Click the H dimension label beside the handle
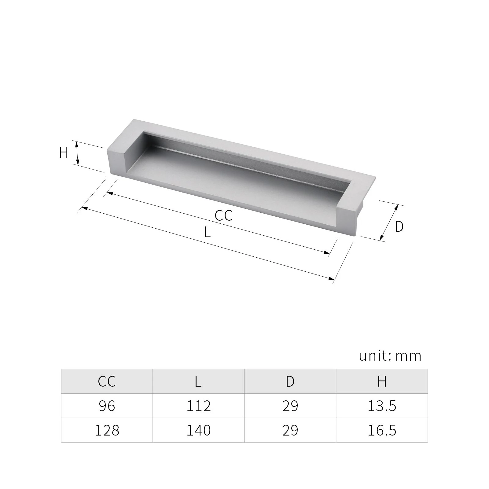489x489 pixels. (x=64, y=153)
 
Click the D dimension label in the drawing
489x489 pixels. (x=399, y=226)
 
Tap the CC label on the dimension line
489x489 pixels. (x=223, y=215)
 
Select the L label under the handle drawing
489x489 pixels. (x=207, y=233)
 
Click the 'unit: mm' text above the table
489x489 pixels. (x=390, y=356)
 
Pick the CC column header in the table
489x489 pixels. (x=107, y=381)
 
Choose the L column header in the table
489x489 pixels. (x=198, y=381)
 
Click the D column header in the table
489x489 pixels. (x=290, y=381)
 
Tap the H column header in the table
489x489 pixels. (x=382, y=381)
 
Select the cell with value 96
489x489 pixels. (x=107, y=406)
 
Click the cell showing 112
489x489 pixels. (x=199, y=406)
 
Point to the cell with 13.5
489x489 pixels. (x=382, y=406)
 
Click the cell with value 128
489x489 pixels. (x=107, y=430)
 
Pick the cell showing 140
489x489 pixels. (x=199, y=430)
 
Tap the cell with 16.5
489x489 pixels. (x=382, y=430)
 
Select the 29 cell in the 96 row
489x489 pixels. (x=290, y=406)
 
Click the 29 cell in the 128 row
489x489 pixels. (x=290, y=430)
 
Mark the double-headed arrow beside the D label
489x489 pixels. (x=389, y=222)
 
